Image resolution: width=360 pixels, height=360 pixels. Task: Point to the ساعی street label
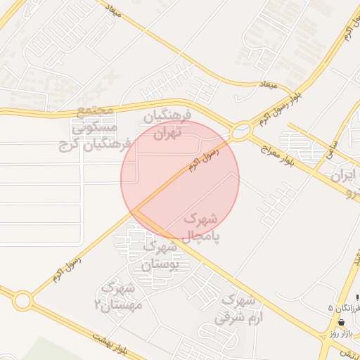(331, 148)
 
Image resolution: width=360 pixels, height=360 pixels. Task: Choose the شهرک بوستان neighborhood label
(166, 256)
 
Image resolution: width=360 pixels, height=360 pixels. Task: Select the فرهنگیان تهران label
(163, 123)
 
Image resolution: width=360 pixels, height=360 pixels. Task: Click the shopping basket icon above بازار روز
(342, 322)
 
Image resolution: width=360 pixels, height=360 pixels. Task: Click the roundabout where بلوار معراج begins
(241, 130)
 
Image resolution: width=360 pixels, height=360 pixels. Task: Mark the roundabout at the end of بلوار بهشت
(22, 302)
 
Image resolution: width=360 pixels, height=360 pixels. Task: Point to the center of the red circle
(180, 180)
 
